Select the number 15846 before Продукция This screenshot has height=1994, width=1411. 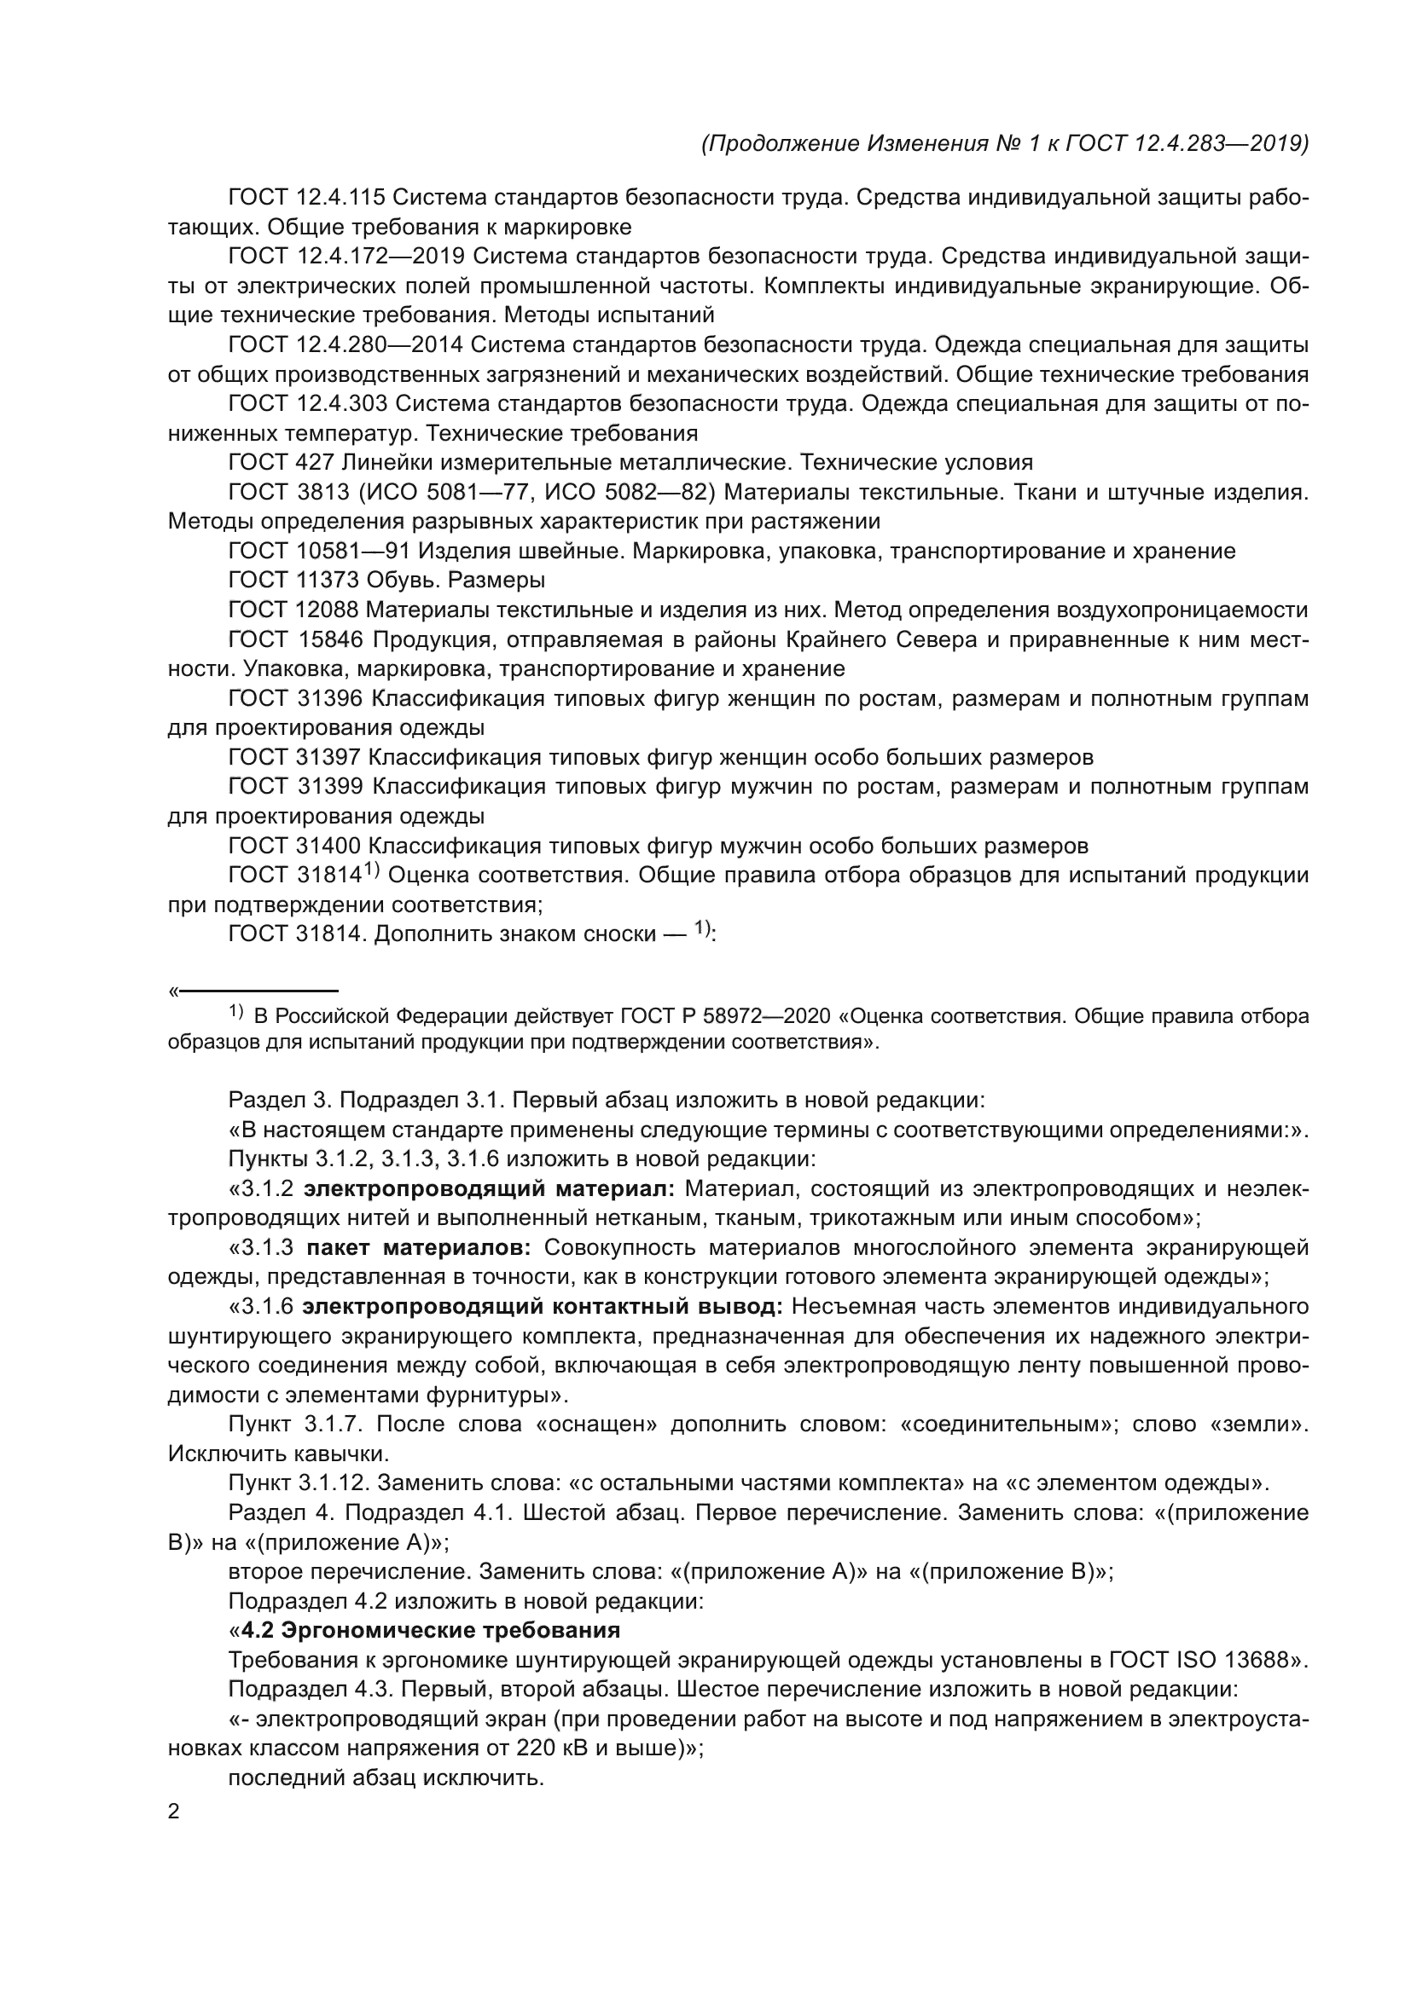[331, 639]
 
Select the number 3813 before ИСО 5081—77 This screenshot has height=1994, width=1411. [321, 492]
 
